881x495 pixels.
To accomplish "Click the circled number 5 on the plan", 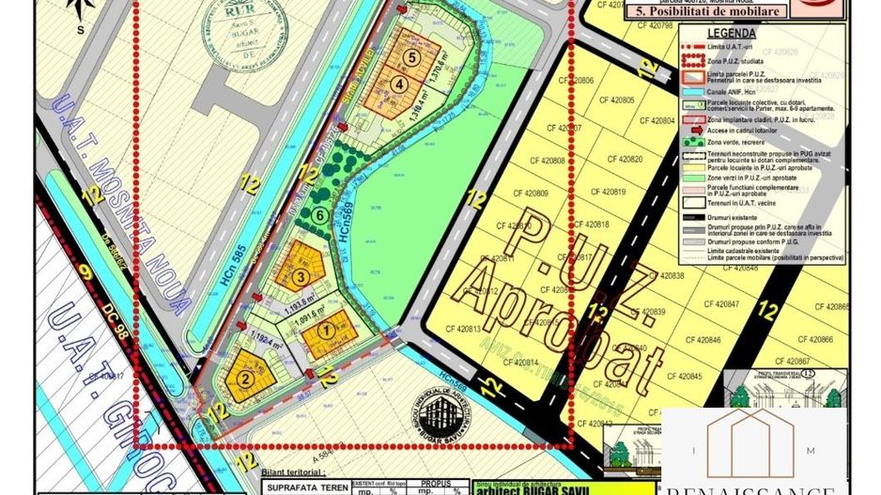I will pyautogui.click(x=410, y=56).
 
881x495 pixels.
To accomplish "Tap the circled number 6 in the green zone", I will pyautogui.click(x=321, y=215).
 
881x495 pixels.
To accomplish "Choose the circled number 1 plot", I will pyautogui.click(x=326, y=330).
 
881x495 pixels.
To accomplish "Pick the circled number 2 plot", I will pyautogui.click(x=245, y=379).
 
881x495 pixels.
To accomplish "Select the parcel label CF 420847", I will pyautogui.click(x=720, y=303).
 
